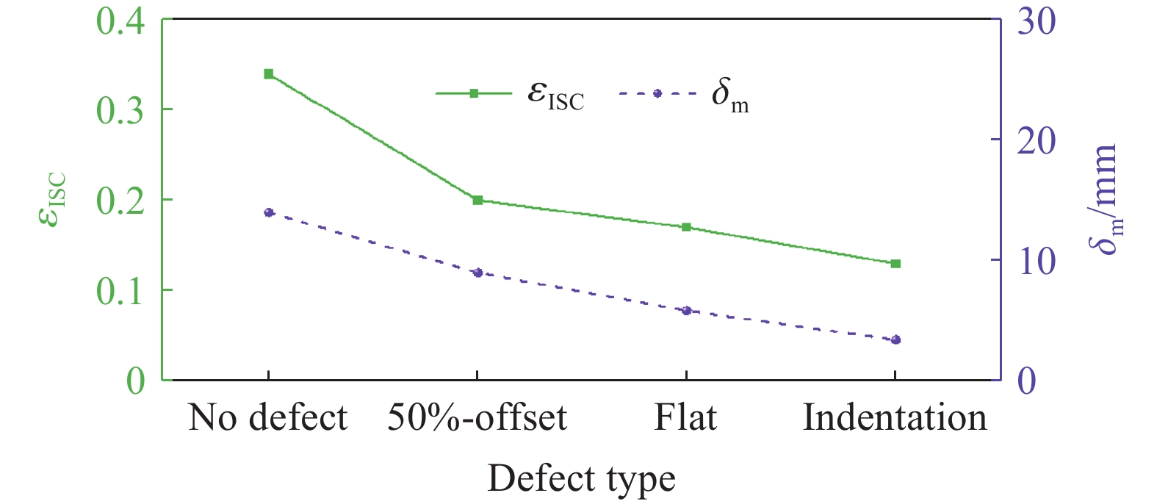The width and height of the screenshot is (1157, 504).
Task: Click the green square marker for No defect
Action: coord(268,73)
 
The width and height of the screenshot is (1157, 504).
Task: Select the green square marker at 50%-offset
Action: coord(477,200)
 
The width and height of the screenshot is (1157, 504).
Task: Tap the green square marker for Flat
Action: coord(686,227)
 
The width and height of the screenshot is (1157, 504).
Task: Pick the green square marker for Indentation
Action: coord(895,263)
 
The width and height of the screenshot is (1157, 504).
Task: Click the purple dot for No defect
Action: coord(268,212)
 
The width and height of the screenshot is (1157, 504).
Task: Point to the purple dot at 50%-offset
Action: coord(477,273)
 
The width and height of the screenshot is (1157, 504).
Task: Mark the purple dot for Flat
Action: coord(686,311)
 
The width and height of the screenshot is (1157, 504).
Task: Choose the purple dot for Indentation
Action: coord(895,339)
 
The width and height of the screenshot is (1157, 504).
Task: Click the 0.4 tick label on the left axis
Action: coord(120,22)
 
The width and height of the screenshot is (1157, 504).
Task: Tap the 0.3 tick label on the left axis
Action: coord(120,110)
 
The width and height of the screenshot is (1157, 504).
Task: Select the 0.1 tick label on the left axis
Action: coord(120,291)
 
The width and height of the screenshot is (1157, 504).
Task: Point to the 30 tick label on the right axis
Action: coord(1036,22)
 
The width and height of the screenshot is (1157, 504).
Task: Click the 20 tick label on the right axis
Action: coord(1036,140)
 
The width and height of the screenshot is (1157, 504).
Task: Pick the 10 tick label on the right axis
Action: coord(1036,261)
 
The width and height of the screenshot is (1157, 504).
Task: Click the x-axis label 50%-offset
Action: coord(477,418)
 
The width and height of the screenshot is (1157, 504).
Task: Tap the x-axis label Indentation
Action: coord(895,418)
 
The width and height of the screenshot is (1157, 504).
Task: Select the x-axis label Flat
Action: coord(685,418)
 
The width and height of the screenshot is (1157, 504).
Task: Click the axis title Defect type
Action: coord(581,479)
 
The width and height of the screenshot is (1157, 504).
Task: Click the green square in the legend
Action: coord(474,93)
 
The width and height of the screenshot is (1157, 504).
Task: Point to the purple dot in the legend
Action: coord(657,93)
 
